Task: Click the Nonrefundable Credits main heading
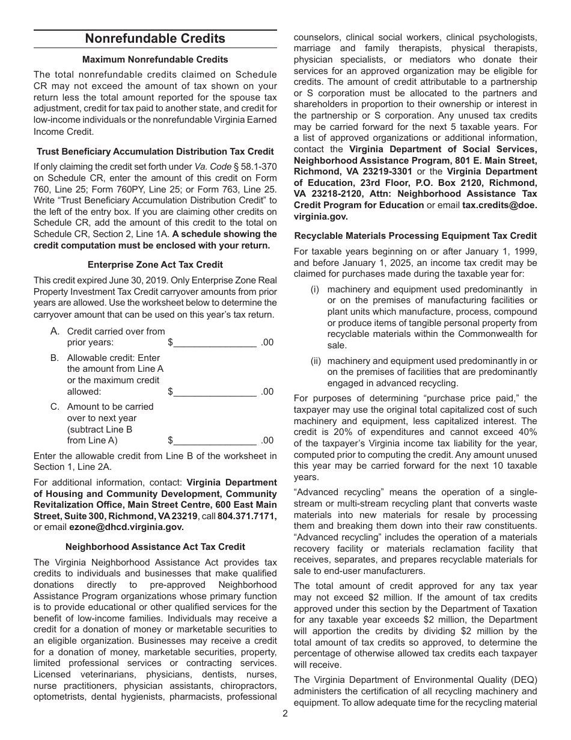tap(155, 39)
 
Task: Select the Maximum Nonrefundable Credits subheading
tap(155, 60)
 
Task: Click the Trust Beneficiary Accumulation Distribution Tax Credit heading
tap(155, 152)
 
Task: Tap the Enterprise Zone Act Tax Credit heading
tap(155, 264)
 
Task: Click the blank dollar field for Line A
tap(215, 342)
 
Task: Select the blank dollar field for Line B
tap(215, 392)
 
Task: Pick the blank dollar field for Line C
tap(215, 440)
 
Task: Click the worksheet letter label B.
tap(55, 358)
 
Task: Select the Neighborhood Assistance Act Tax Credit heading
tap(155, 547)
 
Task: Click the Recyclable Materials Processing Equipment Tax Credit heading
tap(415, 235)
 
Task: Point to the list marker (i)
tap(315, 289)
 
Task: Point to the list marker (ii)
tap(316, 361)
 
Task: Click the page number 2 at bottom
tap(285, 714)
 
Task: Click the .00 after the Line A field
tap(267, 342)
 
